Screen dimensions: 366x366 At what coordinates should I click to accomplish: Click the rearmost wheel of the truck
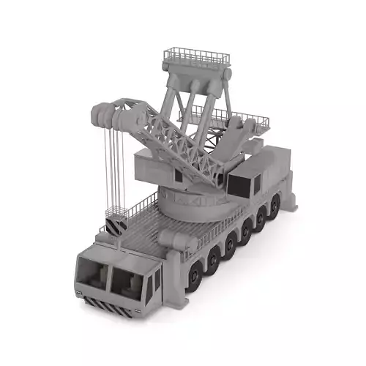(274, 207)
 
